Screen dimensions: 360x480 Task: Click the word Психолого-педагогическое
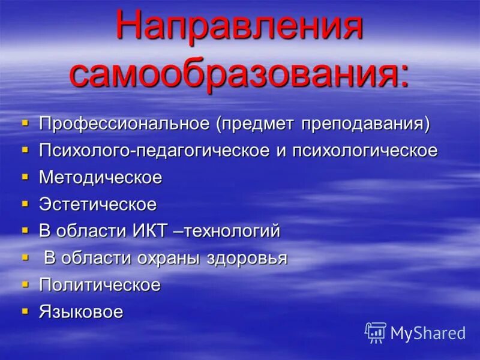(x=154, y=151)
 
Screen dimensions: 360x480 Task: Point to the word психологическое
(x=365, y=151)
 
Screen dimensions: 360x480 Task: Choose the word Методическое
(x=100, y=178)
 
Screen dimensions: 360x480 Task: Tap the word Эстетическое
(x=98, y=204)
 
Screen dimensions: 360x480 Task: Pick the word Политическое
(x=100, y=284)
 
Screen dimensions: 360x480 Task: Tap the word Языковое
(x=81, y=311)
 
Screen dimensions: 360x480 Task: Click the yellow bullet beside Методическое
(x=25, y=177)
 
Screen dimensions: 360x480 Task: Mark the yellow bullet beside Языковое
(x=25, y=311)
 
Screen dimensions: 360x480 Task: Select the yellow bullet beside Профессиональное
(x=25, y=123)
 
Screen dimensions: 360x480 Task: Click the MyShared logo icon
(x=376, y=332)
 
